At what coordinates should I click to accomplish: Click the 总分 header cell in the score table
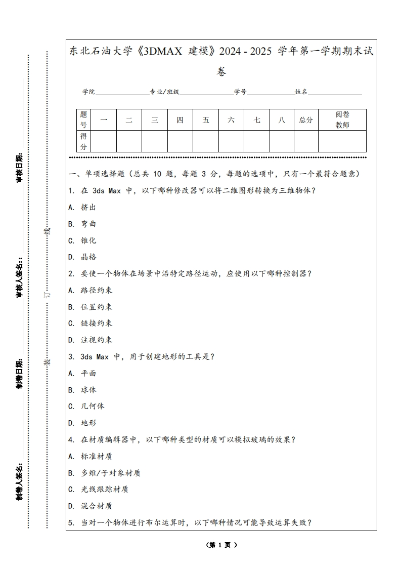(306, 120)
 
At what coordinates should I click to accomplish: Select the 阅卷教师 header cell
(342, 120)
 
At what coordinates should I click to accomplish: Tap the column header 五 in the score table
(206, 120)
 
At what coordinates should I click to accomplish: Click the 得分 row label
(83, 141)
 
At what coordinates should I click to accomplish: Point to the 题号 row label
(83, 120)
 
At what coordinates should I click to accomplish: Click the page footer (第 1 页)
(221, 545)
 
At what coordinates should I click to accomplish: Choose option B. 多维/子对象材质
(104, 473)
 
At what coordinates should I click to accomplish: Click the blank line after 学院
(122, 93)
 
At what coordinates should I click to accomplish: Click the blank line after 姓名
(335, 93)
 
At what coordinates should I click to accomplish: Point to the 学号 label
(240, 92)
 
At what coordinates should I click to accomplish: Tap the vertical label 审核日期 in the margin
(20, 168)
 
